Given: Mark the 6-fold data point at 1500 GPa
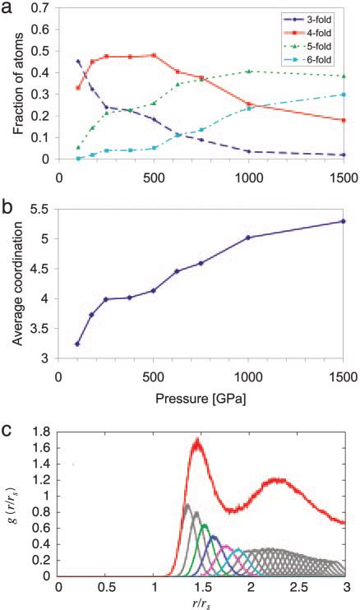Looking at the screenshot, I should pos(343,95).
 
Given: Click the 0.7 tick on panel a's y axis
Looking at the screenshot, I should pos(44,7).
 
